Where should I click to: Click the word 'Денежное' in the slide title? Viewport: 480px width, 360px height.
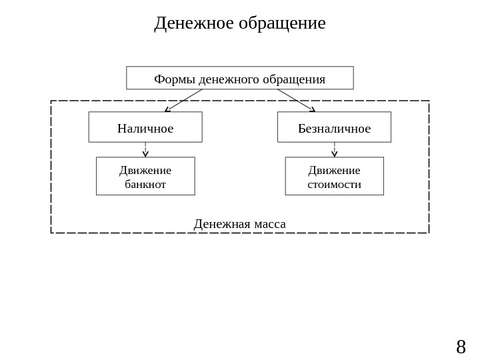click(x=193, y=23)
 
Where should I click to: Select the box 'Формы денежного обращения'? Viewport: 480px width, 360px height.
click(x=240, y=78)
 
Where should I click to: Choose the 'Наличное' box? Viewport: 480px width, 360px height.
click(x=145, y=127)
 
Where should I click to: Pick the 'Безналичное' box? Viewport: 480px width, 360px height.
click(x=334, y=127)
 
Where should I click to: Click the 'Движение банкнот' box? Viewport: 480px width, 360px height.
click(x=145, y=177)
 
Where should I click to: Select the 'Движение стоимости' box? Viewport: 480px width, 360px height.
click(x=334, y=177)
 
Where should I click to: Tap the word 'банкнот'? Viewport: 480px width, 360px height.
click(x=145, y=184)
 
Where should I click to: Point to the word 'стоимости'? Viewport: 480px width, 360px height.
click(x=334, y=184)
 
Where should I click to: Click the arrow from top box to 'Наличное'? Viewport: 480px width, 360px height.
click(x=183, y=101)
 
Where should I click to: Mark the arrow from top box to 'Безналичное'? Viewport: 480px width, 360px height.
click(x=296, y=101)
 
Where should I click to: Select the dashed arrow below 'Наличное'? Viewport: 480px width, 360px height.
click(x=145, y=150)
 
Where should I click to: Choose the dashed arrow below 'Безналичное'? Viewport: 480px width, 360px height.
click(x=335, y=150)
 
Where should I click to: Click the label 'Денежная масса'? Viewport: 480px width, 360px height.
click(x=240, y=224)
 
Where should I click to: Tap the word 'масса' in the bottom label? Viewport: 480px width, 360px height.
click(x=269, y=224)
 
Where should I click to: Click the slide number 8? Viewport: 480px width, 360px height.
click(x=461, y=347)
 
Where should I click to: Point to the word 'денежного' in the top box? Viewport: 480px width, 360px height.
click(x=229, y=79)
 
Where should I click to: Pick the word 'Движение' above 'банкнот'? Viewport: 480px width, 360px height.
click(x=145, y=170)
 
